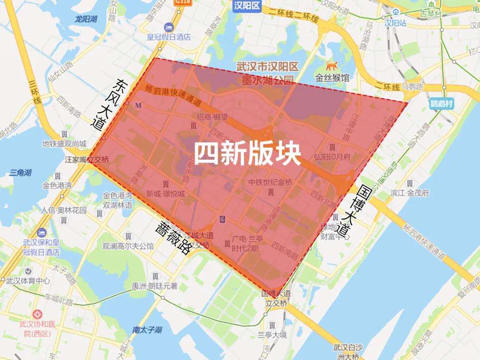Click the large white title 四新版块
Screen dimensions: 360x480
[x=248, y=154]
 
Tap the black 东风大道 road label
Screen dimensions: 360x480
[x=108, y=105]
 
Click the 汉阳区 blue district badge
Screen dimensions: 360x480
[x=245, y=5]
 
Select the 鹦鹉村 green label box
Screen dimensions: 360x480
[x=442, y=104]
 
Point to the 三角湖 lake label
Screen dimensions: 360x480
[x=20, y=172]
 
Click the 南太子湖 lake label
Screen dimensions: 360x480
[x=147, y=330]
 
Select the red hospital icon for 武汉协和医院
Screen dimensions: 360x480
[x=37, y=313]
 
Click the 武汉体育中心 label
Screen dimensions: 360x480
[x=28, y=281]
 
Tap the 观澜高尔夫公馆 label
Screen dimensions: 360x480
[x=128, y=246]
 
